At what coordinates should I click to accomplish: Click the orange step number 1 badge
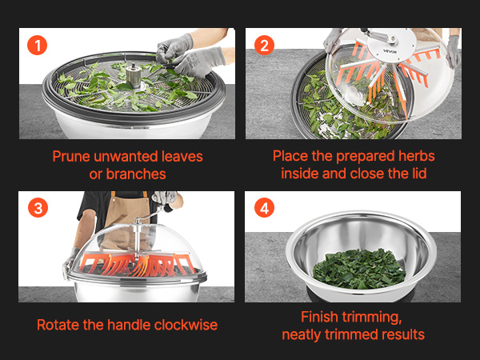coord(37,46)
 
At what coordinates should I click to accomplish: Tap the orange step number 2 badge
coord(264,46)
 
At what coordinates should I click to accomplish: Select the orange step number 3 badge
coord(38,208)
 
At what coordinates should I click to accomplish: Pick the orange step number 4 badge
coord(264,208)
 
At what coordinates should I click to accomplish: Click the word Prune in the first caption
coord(72,157)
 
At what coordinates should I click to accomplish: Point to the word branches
coord(136,174)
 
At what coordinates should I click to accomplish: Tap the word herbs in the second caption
coord(417,156)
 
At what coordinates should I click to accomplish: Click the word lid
coord(418,174)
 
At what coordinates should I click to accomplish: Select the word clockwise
coord(186,325)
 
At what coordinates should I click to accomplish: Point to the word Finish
coord(319,317)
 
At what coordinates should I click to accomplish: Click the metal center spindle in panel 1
coord(134,75)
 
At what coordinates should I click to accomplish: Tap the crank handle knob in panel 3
coord(168,209)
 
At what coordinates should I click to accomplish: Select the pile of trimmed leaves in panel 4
coord(359,269)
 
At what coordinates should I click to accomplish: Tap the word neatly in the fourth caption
coord(302,334)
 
